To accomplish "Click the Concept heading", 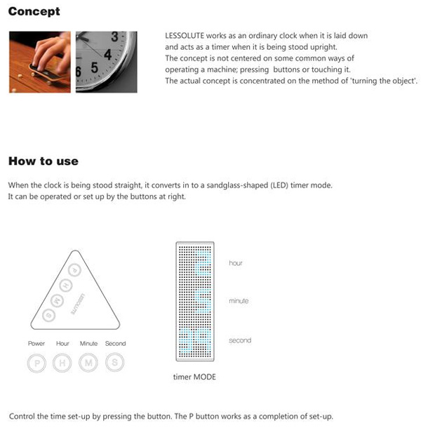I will click(34, 12).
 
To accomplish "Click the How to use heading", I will click(43, 161).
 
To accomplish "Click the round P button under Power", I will click(36, 363).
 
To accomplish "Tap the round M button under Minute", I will click(88, 363).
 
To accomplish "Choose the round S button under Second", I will click(115, 363).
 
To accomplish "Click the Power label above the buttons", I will click(36, 343).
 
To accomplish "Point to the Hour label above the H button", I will click(62, 343).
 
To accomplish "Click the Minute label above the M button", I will click(88, 343).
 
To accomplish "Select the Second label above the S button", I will click(115, 343).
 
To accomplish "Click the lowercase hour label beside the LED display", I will click(236, 263).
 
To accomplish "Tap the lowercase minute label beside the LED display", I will click(239, 301).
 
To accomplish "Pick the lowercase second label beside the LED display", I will click(240, 340).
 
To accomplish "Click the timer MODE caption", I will click(194, 377).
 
